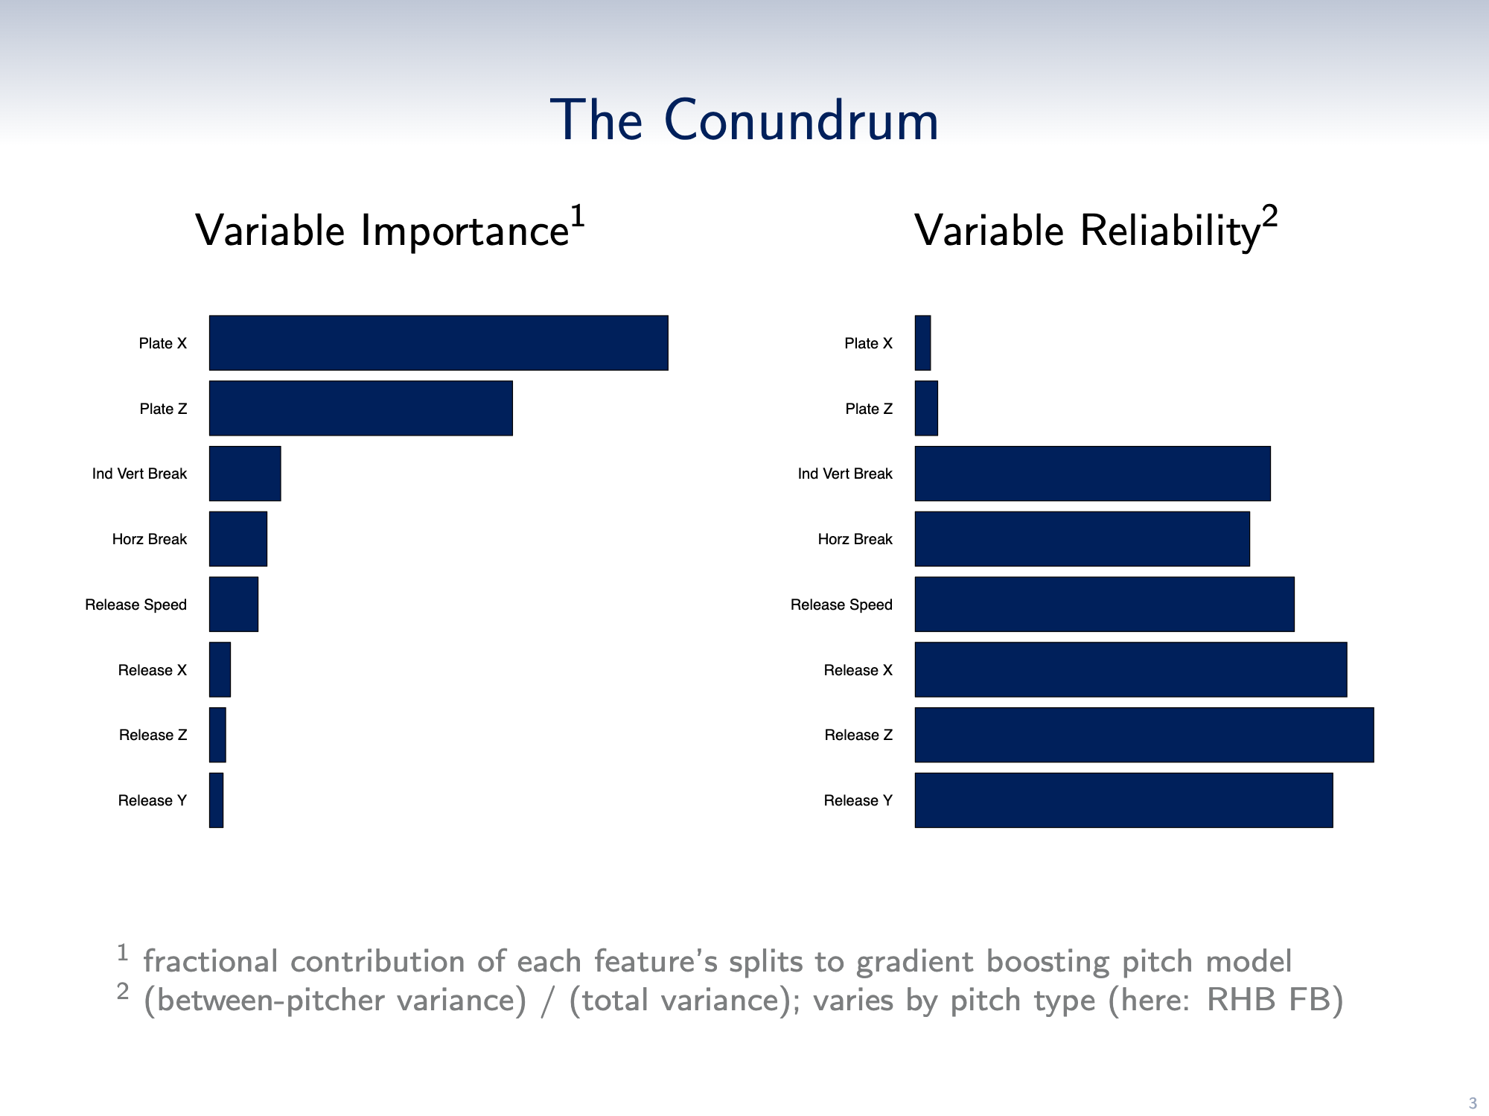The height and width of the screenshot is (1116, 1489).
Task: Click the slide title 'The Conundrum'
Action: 744,120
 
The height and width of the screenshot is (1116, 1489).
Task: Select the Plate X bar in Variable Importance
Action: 439,342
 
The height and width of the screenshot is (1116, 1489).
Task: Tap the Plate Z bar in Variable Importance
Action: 361,408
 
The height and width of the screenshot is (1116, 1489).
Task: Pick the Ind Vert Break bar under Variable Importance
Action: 245,473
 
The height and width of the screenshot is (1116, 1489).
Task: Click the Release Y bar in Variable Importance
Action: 216,800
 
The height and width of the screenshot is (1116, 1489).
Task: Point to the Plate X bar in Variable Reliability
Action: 922,342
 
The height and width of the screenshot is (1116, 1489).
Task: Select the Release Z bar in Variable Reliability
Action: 1144,735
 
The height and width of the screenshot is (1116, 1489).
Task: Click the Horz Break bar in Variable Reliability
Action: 1083,539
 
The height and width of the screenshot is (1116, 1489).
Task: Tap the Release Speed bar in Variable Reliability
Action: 1105,605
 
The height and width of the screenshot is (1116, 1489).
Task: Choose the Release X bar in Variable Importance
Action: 220,669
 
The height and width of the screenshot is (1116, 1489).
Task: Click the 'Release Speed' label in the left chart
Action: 135,605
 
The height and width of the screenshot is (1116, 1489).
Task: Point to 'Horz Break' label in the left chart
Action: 149,539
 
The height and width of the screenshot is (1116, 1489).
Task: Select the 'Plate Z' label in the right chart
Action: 869,409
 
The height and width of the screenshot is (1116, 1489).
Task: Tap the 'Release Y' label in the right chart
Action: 858,800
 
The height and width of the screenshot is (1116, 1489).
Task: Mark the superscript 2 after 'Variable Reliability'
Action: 1269,217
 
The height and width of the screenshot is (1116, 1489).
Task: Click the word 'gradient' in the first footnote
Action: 914,962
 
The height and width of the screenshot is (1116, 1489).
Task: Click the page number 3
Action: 1472,1103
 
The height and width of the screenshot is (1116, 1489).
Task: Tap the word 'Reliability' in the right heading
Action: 1170,231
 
